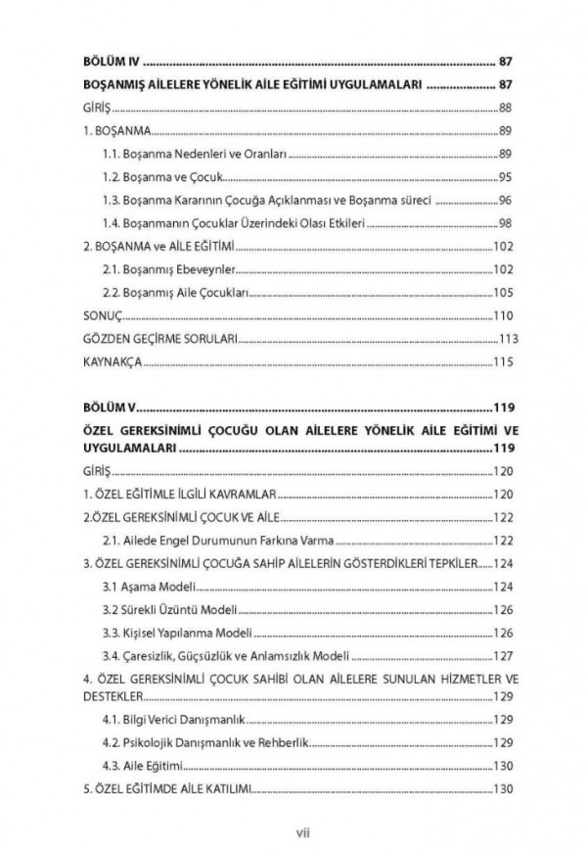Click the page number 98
(x=506, y=224)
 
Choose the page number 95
(x=506, y=177)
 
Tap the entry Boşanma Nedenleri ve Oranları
(x=186, y=154)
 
